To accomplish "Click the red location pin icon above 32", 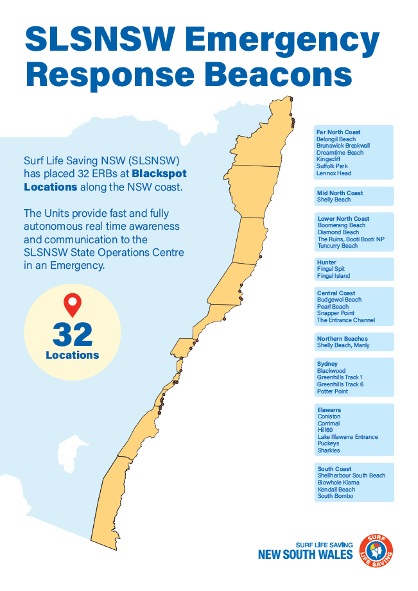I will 73,304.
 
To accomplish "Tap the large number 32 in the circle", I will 73,334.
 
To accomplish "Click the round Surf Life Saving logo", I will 377,550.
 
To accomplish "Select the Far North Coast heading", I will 338,132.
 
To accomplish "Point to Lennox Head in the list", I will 334,173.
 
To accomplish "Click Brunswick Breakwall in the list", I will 343,146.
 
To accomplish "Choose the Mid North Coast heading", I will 340,193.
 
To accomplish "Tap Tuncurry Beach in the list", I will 337,246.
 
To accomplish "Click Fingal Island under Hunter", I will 333,276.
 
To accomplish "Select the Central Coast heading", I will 336,293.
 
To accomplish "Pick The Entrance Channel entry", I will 345,320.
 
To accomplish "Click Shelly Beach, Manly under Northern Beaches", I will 343,345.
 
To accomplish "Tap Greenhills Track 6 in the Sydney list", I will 340,384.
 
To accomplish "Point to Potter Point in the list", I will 333,391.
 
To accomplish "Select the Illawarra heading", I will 329,409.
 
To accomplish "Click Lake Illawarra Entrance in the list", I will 347,437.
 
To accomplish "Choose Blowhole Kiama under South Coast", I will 338,483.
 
